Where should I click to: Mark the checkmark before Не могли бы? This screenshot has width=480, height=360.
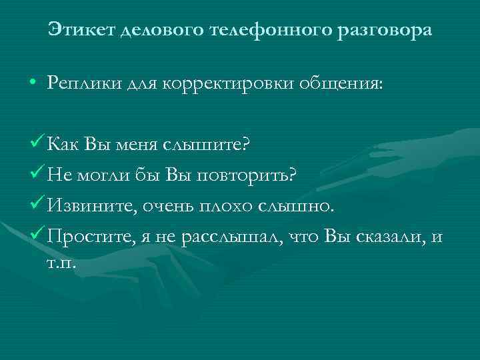38,173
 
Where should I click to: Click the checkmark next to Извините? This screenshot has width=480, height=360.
38,203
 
